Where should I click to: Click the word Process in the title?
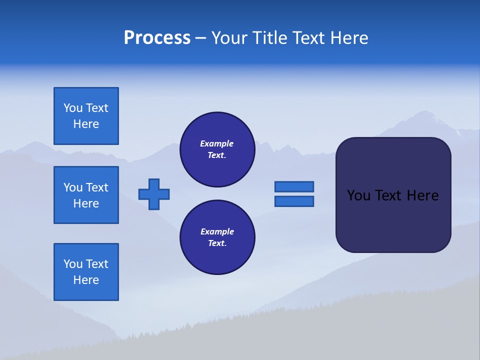157,38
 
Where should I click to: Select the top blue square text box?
86,116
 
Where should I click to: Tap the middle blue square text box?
86,195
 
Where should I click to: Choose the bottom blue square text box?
86,272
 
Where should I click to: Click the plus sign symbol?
154,194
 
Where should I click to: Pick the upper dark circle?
217,149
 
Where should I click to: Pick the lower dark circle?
217,237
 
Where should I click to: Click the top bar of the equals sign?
294,186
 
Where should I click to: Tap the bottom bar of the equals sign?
294,201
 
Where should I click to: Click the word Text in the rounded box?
389,195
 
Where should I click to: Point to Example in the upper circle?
217,143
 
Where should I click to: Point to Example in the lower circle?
217,231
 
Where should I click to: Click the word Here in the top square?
86,124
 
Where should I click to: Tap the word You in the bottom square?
72,264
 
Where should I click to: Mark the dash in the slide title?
201,38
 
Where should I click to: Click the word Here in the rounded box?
422,195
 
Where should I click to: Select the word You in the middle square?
72,187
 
